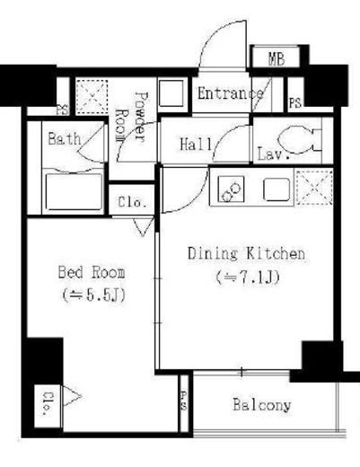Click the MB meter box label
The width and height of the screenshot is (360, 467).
277,59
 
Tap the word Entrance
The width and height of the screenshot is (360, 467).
231,93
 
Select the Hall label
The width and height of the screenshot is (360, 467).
196,144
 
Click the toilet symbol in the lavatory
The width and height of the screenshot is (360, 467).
299,140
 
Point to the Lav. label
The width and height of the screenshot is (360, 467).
274,154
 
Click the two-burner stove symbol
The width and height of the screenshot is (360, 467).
231,189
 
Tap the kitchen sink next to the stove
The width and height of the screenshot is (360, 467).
277,189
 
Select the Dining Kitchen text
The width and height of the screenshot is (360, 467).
246,253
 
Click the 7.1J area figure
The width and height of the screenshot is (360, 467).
248,278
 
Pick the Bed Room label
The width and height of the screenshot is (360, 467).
92,272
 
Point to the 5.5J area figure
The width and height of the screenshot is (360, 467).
93,295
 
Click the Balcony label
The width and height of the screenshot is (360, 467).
262,405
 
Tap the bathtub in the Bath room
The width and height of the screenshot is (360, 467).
74,191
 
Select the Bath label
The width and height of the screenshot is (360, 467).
65,138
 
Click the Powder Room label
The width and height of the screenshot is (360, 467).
132,117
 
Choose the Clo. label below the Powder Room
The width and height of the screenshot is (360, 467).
132,202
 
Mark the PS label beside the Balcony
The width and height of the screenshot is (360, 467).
184,401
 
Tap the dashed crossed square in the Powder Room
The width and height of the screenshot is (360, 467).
92,96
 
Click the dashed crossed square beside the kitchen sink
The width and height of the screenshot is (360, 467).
314,188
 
